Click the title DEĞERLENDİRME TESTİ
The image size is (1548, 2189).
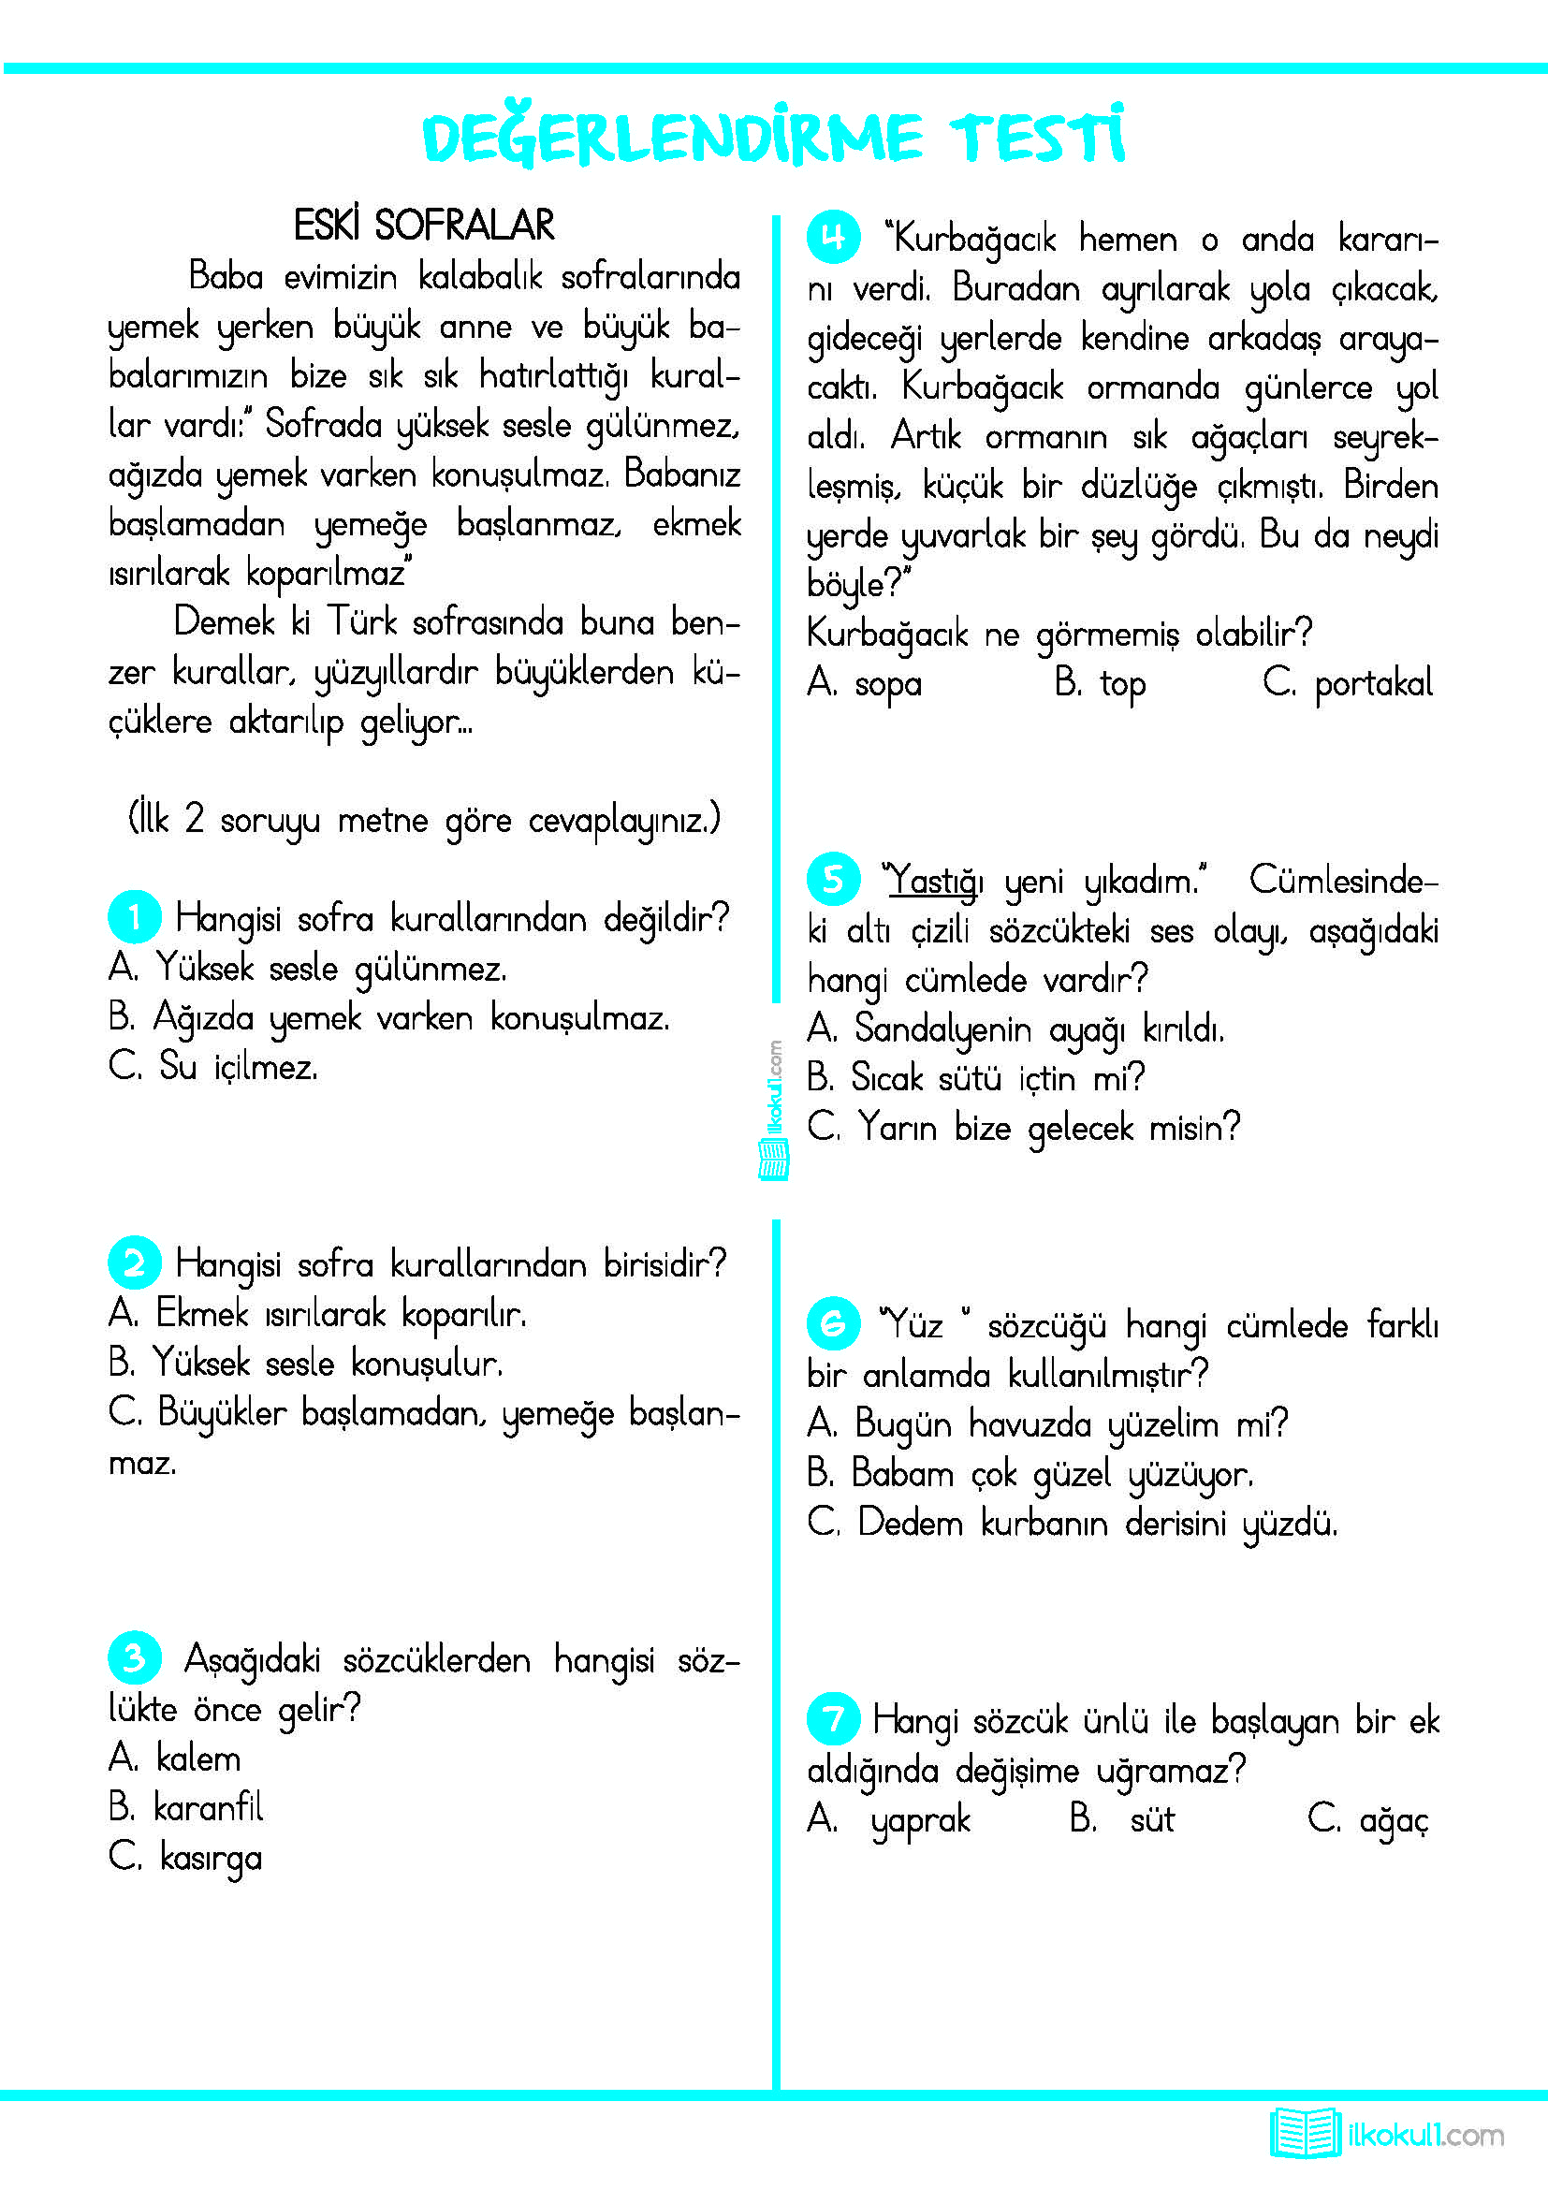(773, 137)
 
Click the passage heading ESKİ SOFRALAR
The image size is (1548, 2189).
(423, 226)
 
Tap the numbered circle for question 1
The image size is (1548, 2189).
(134, 916)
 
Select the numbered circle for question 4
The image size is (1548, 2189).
(833, 238)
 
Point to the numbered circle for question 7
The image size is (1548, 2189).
(833, 1719)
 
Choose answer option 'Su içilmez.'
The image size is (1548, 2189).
(238, 1067)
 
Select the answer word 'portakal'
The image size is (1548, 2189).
(1373, 683)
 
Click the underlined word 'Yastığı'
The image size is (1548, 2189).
(933, 880)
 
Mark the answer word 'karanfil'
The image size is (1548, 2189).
(208, 1806)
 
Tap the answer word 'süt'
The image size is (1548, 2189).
(1151, 1819)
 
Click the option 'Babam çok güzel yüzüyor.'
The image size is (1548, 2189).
(1051, 1473)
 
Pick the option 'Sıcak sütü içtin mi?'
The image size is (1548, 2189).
(997, 1078)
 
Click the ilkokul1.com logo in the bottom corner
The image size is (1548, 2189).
(1386, 2134)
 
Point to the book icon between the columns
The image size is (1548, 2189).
(773, 1159)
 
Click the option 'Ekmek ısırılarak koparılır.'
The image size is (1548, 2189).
(341, 1314)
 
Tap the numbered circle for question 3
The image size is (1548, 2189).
(134, 1657)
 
